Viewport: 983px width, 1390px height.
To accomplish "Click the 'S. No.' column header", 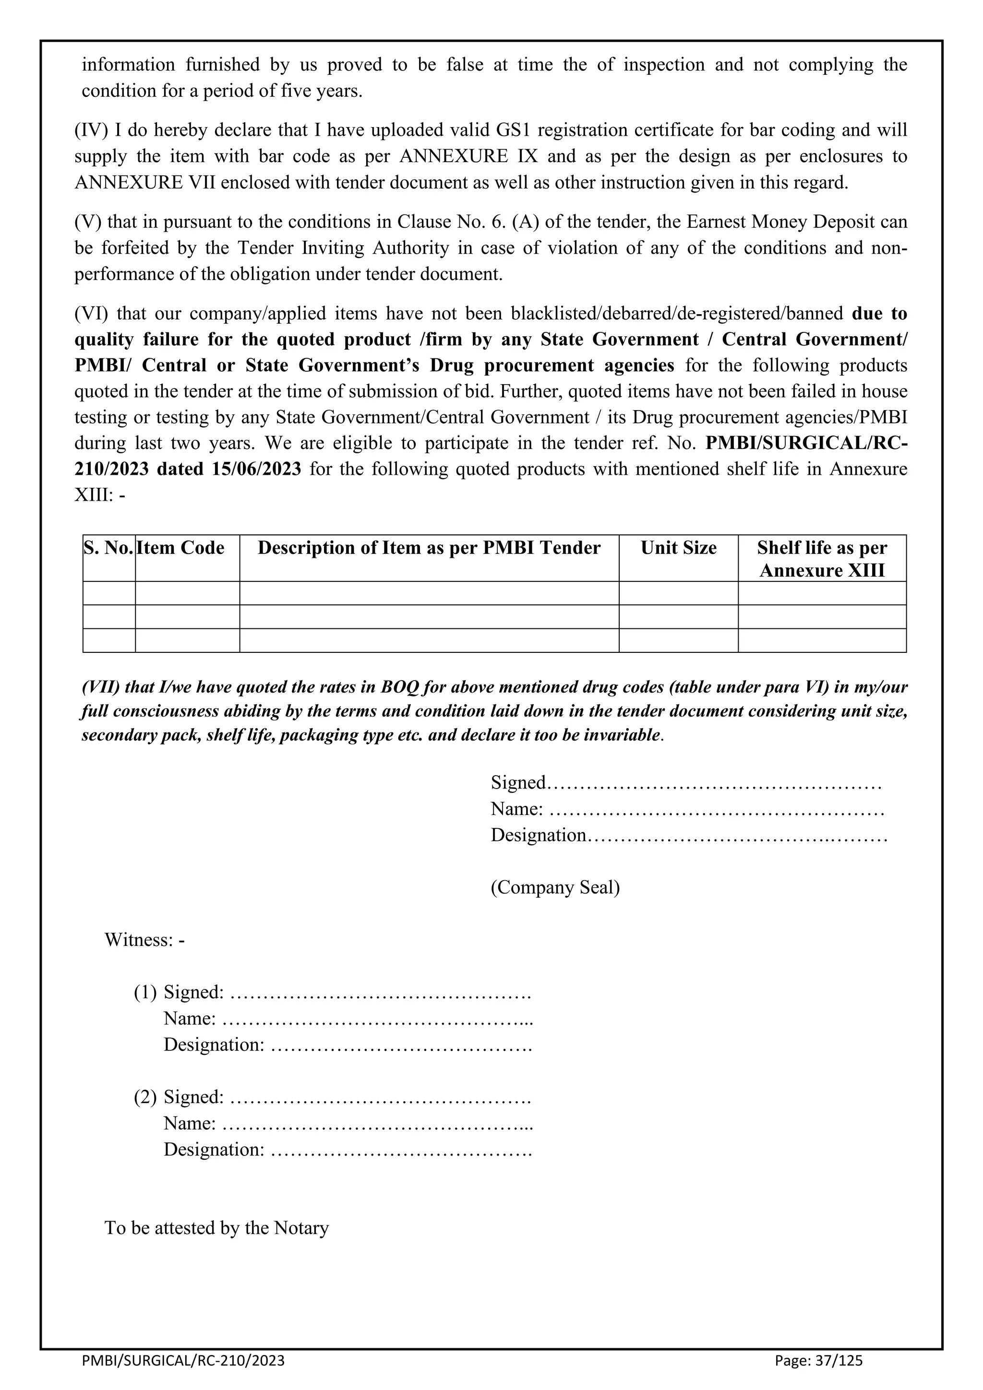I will (108, 548).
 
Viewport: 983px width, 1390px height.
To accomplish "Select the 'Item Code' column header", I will (180, 548).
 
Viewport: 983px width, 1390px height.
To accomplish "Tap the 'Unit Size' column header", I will (678, 548).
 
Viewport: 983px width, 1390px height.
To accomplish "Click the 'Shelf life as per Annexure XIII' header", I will (822, 559).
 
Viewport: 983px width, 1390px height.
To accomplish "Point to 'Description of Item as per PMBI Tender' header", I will (429, 548).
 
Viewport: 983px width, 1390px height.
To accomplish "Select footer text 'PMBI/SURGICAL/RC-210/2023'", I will (183, 1360).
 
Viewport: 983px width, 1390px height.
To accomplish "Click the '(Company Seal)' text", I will (555, 887).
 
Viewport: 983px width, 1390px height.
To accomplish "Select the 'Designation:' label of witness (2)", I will (214, 1150).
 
